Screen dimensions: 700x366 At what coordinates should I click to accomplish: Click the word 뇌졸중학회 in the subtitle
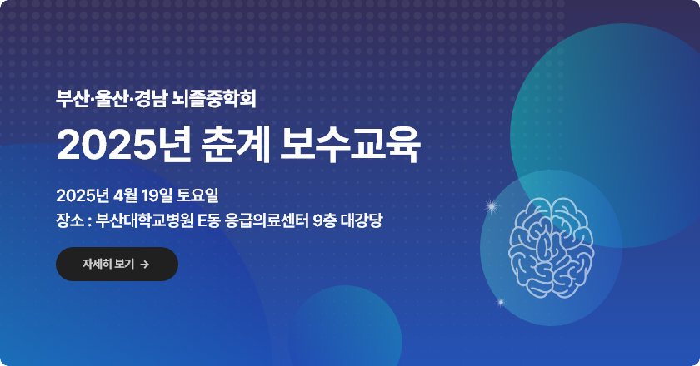point(214,99)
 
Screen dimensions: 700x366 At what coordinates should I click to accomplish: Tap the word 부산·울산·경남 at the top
point(112,99)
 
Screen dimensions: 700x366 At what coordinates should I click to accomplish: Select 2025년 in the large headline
point(124,145)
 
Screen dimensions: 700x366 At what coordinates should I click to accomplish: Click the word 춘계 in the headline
point(236,145)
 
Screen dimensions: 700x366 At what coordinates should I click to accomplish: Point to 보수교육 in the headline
point(350,145)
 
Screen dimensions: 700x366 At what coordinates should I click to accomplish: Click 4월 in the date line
point(125,195)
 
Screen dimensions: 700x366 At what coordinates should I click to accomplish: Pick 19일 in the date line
point(157,195)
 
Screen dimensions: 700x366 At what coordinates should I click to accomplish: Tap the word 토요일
point(197,195)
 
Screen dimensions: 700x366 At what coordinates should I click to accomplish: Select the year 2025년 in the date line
point(82,195)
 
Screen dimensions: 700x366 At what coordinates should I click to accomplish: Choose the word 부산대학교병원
point(145,220)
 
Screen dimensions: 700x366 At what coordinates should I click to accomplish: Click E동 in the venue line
point(209,220)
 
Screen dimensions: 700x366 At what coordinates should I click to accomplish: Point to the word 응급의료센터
point(267,220)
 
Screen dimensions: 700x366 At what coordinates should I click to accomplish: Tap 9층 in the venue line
point(324,220)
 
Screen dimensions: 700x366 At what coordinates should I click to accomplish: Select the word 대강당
point(362,220)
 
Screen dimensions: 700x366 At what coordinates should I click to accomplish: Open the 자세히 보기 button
point(117,264)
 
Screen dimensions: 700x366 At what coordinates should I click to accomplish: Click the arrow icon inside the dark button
point(144,265)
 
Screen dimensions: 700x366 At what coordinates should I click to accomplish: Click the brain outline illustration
point(551,248)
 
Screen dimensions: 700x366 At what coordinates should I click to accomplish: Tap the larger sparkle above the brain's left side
point(492,206)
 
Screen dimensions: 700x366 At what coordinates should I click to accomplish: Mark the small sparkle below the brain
point(501,303)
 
